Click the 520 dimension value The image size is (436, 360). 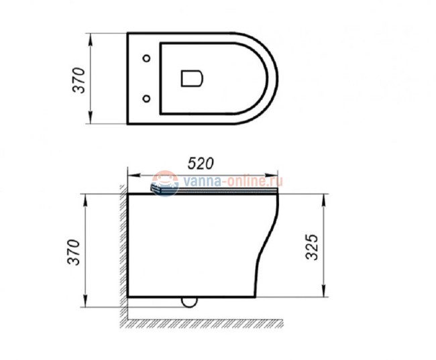coord(200,163)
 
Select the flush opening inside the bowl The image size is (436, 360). coord(193,78)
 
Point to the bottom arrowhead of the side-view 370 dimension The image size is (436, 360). coord(85,304)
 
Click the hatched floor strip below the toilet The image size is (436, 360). coord(201,323)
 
